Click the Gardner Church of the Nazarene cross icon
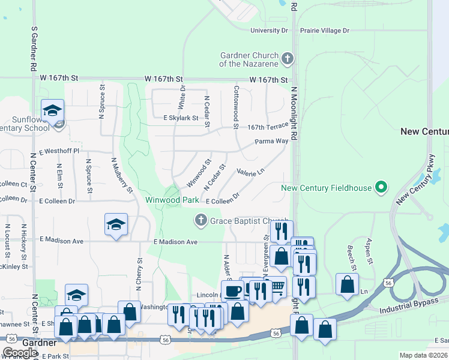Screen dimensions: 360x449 coord(288,59)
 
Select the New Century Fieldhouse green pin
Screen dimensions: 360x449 coord(380,188)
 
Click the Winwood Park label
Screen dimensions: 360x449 coord(172,199)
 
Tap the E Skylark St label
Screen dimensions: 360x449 coord(173,118)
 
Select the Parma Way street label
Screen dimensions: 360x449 coord(271,142)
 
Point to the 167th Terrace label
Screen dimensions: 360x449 coord(268,127)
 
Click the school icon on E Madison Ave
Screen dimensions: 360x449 coord(116,224)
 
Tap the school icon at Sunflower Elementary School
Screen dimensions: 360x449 coord(53,110)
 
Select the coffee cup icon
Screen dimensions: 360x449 coord(232,292)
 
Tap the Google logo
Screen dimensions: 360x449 coord(20,353)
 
